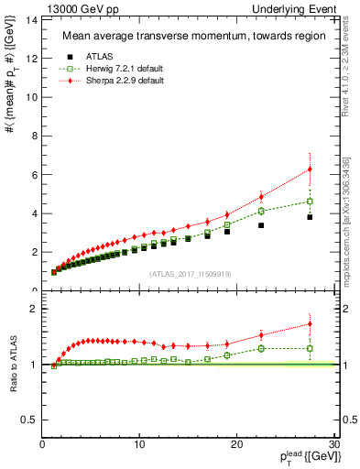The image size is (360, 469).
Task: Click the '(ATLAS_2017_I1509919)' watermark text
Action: tap(189, 273)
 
